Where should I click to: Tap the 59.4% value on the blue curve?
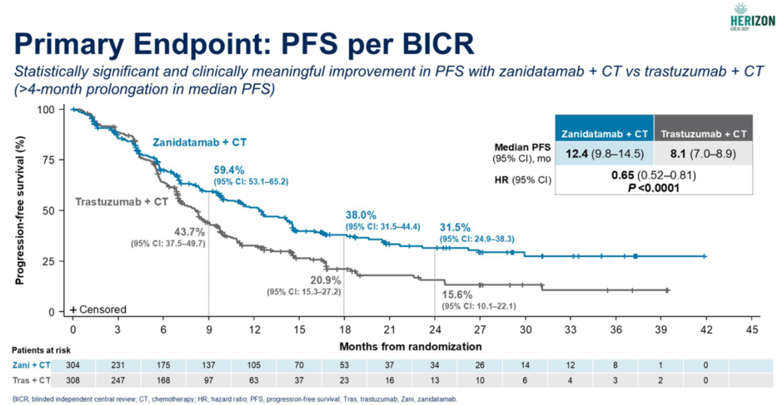click(230, 170)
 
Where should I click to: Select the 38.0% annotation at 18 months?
click(361, 215)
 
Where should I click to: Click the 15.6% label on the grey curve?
click(458, 294)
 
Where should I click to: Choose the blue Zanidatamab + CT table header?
click(605, 133)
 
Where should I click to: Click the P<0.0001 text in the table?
click(654, 188)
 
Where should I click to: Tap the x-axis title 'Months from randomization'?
click(410, 347)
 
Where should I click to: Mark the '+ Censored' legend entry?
click(98, 310)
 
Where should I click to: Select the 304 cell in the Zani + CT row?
click(73, 365)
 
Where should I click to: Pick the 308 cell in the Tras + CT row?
click(73, 380)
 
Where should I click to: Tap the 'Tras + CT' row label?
click(31, 380)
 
